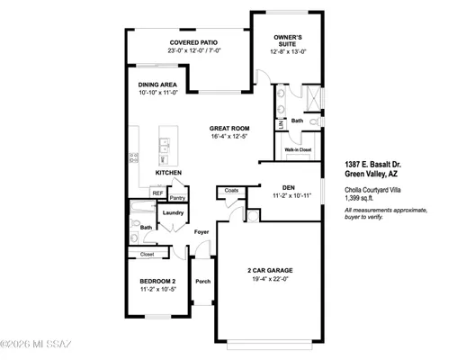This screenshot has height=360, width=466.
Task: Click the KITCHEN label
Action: click(x=169, y=172)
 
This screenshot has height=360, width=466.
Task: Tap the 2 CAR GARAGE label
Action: click(x=271, y=270)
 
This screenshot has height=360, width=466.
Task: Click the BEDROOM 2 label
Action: click(x=157, y=283)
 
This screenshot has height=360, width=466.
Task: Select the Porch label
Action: click(x=203, y=281)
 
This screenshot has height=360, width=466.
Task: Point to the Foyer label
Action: click(x=202, y=232)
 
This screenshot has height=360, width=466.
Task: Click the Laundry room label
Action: click(x=173, y=212)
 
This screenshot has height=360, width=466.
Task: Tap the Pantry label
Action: click(x=177, y=197)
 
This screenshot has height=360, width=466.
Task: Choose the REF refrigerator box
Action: click(x=157, y=193)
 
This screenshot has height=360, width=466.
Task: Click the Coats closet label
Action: click(x=231, y=191)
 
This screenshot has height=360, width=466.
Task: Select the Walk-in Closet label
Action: click(x=298, y=149)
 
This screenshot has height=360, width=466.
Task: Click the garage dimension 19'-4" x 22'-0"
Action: click(x=271, y=278)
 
